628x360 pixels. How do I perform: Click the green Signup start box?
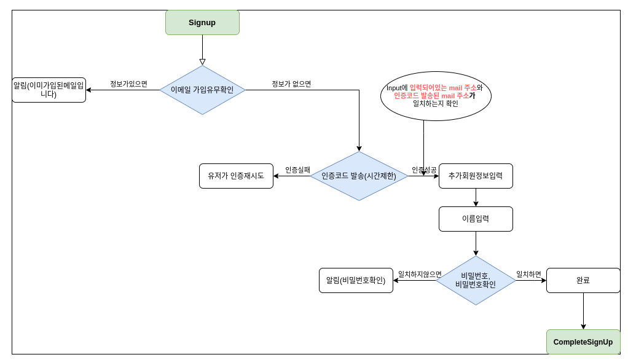click(202, 23)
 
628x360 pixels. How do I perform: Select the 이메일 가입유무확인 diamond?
click(202, 90)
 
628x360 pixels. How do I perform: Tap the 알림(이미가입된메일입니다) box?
click(49, 90)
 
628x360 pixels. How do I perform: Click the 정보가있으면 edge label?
click(128, 84)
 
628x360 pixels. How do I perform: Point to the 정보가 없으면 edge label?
click(291, 84)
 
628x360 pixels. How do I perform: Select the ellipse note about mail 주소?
click(436, 96)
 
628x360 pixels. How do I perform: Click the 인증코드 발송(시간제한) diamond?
click(359, 176)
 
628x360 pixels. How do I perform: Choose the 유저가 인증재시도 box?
click(236, 176)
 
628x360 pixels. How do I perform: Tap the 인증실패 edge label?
click(297, 170)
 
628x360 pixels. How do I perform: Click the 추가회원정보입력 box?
click(476, 176)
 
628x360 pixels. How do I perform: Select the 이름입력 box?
click(476, 219)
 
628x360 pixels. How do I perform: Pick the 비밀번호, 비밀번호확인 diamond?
click(476, 280)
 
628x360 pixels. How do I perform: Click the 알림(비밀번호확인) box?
click(356, 280)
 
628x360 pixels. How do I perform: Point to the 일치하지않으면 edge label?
click(420, 275)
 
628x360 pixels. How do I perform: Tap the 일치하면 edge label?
click(528, 275)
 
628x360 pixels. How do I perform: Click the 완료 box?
click(583, 280)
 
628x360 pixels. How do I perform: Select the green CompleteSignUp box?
click(583, 342)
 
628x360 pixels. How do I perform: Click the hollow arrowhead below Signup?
click(202, 61)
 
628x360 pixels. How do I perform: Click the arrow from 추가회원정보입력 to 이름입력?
click(476, 198)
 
